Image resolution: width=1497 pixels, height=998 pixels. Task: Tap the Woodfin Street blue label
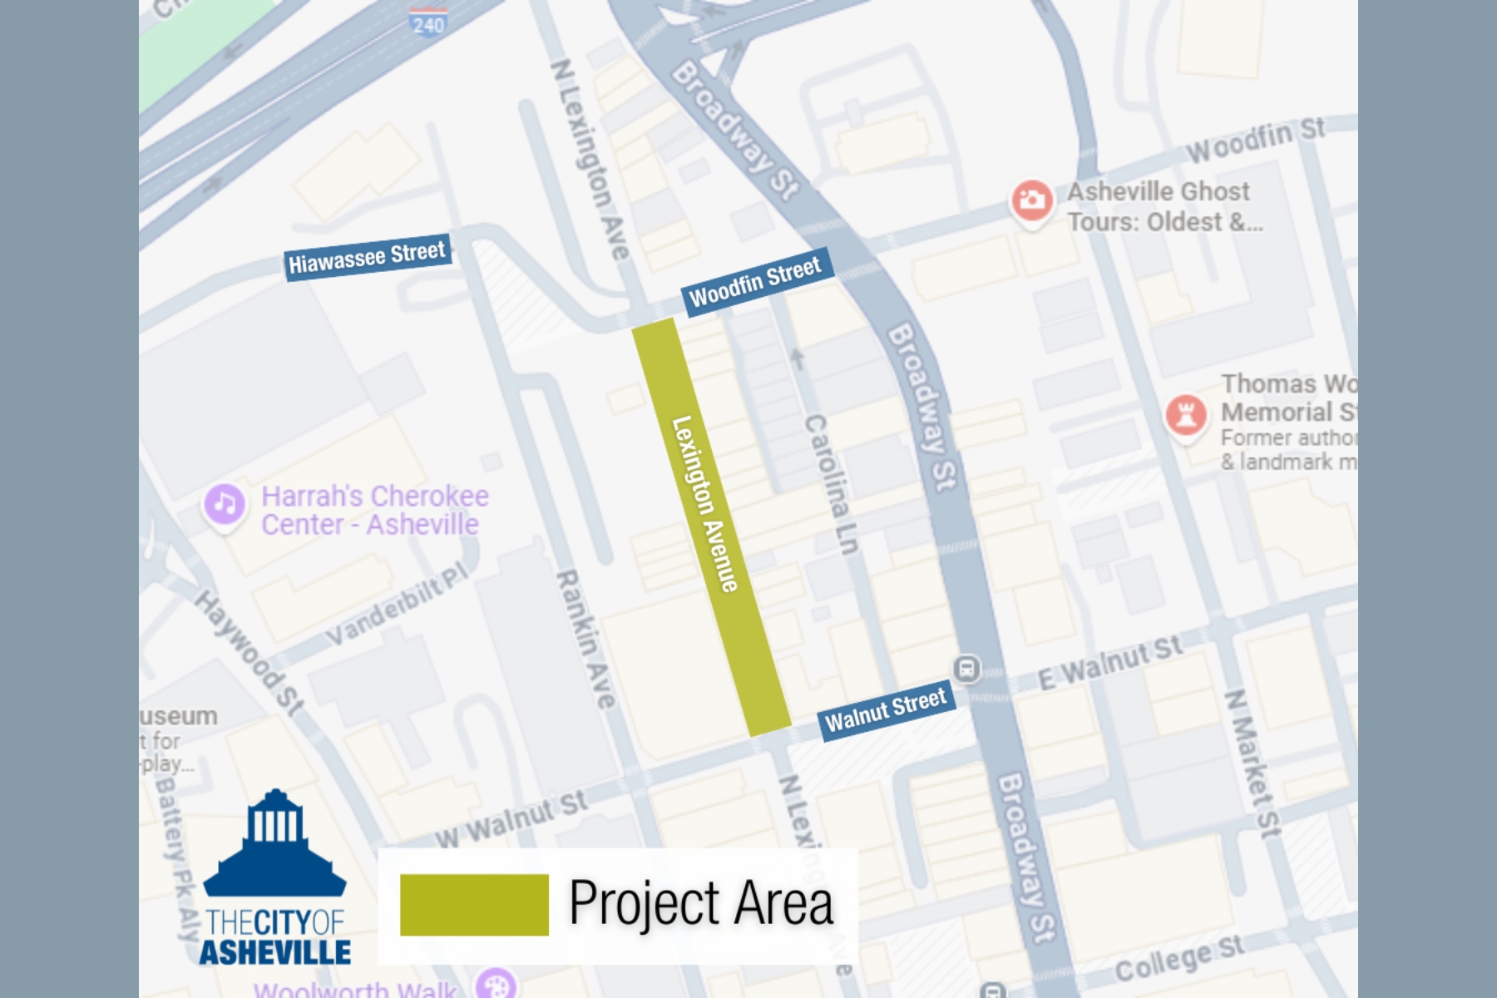point(755,281)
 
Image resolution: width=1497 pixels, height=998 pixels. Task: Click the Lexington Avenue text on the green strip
point(705,504)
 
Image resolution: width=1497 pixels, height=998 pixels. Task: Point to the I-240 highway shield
point(428,22)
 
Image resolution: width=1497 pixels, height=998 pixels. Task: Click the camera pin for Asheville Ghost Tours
point(1031,200)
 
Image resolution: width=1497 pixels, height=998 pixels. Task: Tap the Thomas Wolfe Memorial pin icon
point(1186,414)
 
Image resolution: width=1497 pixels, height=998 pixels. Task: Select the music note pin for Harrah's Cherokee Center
point(224,504)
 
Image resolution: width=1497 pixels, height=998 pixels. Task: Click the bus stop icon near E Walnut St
point(966,669)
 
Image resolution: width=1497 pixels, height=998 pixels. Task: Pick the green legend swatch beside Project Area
point(474,905)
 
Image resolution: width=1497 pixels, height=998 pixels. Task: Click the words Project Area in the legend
point(700,904)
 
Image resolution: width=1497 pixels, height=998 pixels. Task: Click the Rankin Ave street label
point(588,639)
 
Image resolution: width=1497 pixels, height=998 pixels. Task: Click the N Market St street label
point(1252,762)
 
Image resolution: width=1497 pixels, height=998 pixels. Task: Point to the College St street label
point(1179,959)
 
